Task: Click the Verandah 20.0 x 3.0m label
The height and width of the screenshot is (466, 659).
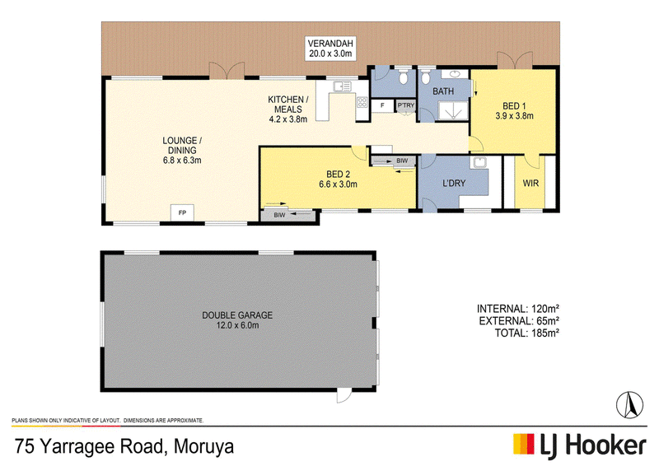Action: point(330,49)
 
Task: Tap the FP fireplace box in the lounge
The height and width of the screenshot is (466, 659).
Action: point(182,213)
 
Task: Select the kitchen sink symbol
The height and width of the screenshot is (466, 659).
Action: point(342,86)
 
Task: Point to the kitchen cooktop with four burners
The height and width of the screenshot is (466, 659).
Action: point(362,102)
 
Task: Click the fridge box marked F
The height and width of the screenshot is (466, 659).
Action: point(382,105)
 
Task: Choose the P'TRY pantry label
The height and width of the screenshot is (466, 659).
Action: point(406,105)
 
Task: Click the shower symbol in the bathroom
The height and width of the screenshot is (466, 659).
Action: point(454,111)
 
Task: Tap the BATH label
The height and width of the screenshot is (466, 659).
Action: point(443,91)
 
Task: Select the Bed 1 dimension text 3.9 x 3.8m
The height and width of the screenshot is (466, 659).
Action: point(514,116)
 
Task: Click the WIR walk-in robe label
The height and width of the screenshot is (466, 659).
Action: point(530,184)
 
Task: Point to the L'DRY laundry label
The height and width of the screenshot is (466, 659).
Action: point(454,184)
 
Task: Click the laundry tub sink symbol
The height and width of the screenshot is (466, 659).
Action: point(479,162)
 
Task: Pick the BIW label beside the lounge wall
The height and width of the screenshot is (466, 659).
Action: point(279,215)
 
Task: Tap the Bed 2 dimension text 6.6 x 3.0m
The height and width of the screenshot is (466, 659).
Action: point(338,184)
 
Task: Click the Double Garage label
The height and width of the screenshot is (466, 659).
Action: point(237,315)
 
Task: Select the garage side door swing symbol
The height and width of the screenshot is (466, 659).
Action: point(344,395)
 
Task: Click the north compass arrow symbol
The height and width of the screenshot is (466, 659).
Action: point(629,404)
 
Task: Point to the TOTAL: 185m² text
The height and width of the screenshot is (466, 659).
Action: point(526,333)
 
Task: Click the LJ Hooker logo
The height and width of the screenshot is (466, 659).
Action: point(580,445)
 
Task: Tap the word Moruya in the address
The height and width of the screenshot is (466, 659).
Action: point(203,446)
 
